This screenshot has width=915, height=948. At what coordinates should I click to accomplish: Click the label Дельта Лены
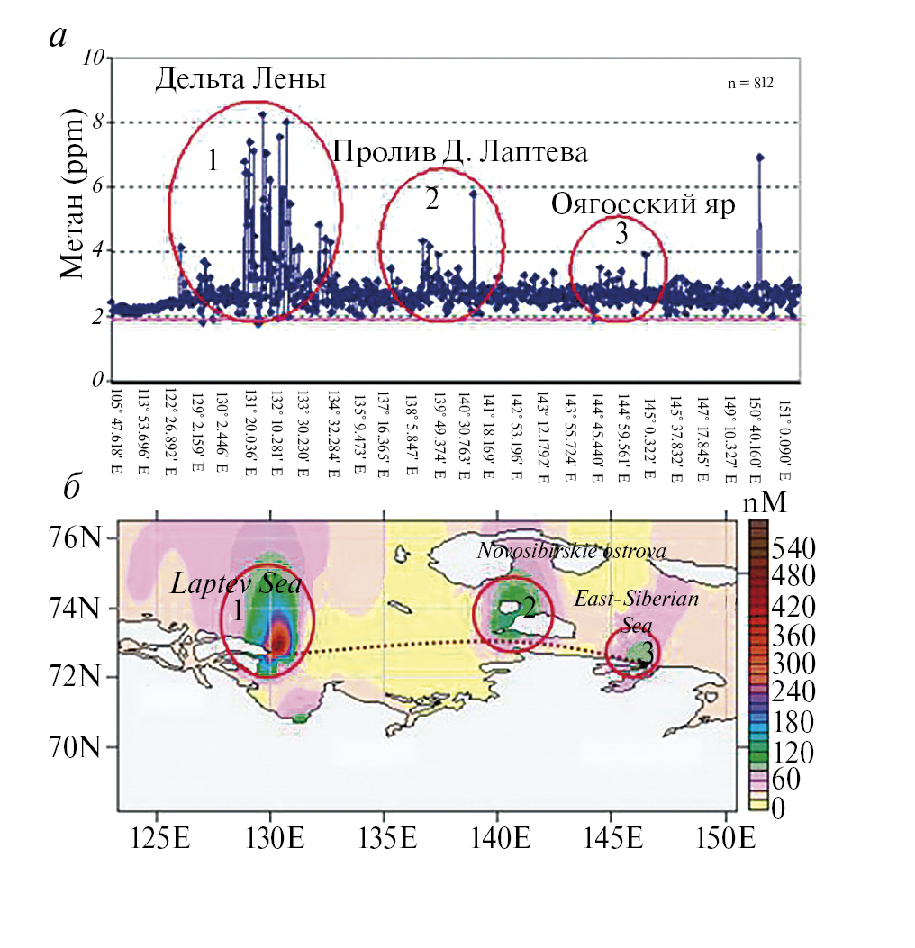tap(240, 79)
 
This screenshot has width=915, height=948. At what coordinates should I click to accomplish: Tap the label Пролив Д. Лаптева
tap(460, 152)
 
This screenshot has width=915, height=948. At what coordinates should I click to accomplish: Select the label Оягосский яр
tap(643, 204)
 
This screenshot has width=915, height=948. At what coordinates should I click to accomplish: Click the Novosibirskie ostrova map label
tap(571, 550)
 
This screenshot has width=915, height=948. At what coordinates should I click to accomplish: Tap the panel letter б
tap(74, 486)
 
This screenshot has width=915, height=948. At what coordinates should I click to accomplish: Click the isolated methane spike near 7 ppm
tap(760, 158)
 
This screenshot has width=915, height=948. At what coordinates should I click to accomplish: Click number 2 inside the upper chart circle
tap(431, 200)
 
